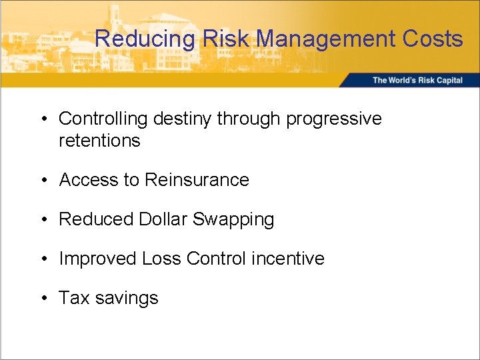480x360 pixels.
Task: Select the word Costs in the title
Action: click(433, 39)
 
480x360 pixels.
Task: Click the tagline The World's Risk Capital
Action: click(417, 81)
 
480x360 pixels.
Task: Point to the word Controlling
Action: click(103, 119)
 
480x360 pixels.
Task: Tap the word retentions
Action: click(100, 141)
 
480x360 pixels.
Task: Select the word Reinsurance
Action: click(197, 180)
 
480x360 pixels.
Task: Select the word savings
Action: click(127, 298)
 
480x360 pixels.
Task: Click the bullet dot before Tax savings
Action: click(43, 298)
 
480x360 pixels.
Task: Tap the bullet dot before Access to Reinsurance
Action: click(43, 180)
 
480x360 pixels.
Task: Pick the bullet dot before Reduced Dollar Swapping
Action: click(43, 219)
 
